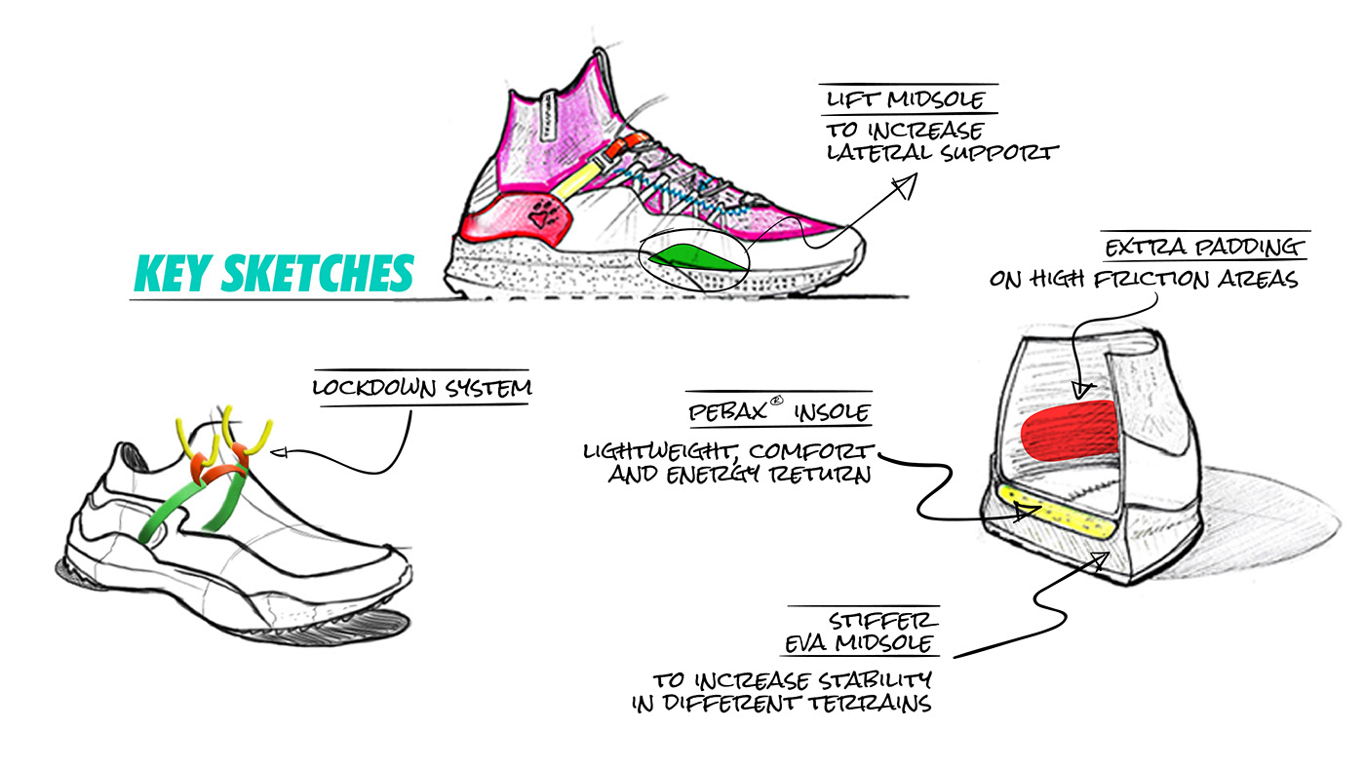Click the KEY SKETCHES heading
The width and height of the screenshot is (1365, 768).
pos(273,273)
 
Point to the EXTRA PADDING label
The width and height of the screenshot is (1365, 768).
pos(1205,248)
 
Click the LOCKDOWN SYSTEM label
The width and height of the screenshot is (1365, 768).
pos(422,388)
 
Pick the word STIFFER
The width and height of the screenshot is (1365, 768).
pos(883,621)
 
